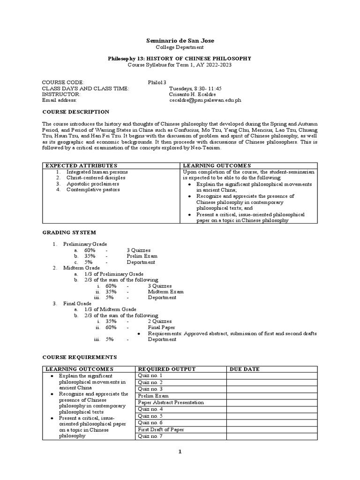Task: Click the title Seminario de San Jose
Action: [180, 40]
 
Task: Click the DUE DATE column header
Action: [244, 369]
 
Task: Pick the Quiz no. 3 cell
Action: [150, 389]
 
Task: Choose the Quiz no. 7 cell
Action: [150, 436]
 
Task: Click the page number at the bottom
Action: [180, 452]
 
